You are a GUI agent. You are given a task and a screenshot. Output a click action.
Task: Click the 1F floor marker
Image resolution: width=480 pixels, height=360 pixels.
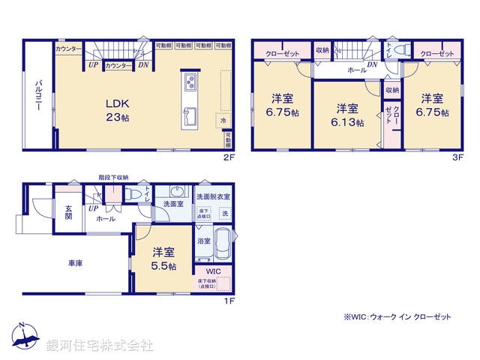tap(229, 301)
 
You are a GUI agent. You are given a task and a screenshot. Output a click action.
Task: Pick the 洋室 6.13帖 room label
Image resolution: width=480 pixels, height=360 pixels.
tap(346, 114)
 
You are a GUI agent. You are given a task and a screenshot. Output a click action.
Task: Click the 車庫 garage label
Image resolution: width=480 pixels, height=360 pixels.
tap(76, 263)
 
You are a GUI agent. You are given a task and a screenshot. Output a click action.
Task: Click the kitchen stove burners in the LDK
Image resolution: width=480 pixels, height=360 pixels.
tap(190, 82)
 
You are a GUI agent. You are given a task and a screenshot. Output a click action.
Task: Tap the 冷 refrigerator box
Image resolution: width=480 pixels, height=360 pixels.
tap(223, 120)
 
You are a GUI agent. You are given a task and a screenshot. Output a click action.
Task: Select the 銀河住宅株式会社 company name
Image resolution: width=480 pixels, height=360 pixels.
tap(99, 345)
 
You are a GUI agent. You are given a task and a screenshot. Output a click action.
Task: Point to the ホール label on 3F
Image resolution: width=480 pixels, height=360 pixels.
tap(356, 70)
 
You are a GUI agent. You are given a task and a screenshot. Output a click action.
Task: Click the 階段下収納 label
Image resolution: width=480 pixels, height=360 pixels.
tap(113, 178)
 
